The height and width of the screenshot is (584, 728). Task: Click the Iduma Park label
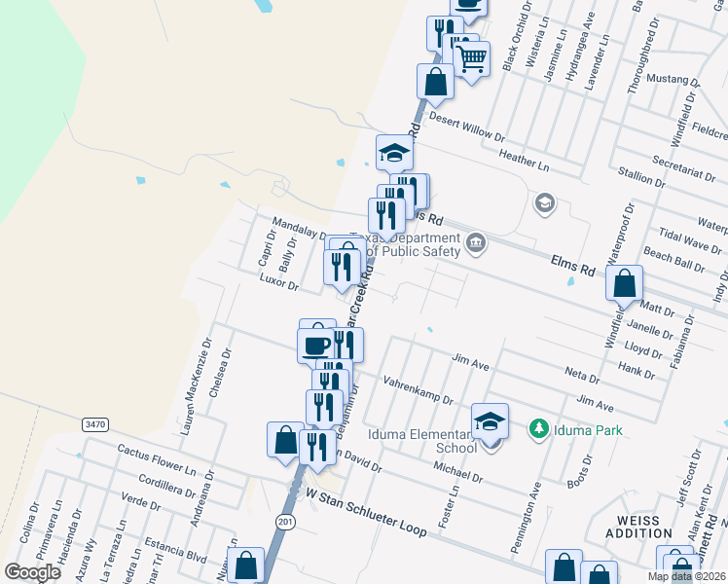click(x=588, y=429)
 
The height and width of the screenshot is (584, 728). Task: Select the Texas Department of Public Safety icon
click(x=475, y=242)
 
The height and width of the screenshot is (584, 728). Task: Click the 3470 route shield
click(x=94, y=424)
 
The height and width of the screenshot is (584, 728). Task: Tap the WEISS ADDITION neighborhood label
click(x=637, y=527)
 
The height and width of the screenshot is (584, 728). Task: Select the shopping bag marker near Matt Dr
click(x=624, y=284)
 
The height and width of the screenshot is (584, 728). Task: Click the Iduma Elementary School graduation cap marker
click(x=491, y=421)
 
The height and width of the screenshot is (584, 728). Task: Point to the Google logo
click(x=32, y=572)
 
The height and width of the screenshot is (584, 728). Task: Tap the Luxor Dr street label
click(x=278, y=280)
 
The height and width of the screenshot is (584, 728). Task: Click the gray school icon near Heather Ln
click(x=544, y=202)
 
